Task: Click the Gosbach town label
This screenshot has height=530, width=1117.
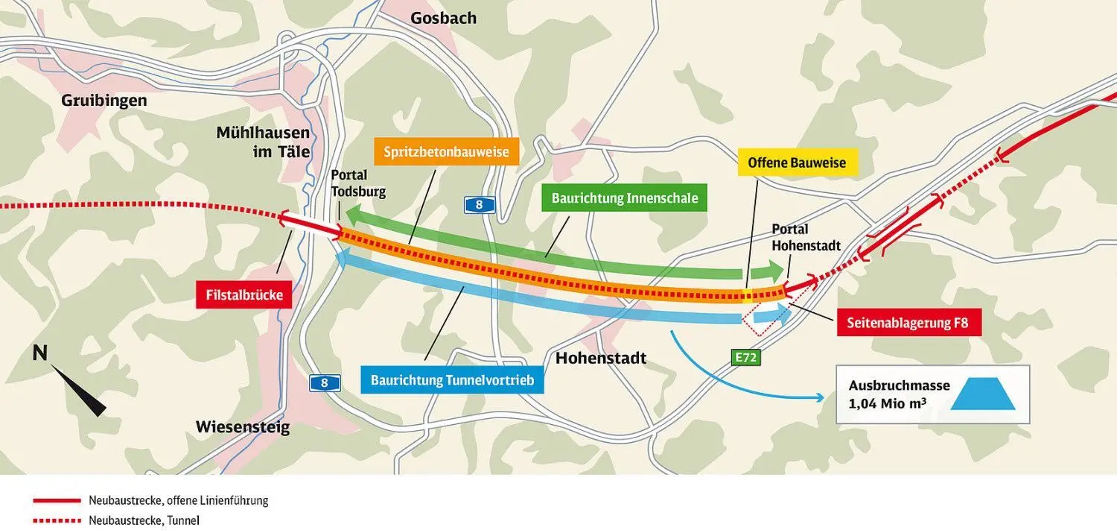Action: tap(443, 18)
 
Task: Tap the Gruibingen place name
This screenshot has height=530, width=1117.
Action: tap(104, 100)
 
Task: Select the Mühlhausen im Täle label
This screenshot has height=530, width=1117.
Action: tap(263, 142)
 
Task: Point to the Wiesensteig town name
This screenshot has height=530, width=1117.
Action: tap(243, 427)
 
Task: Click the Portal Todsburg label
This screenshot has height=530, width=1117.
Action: tap(359, 183)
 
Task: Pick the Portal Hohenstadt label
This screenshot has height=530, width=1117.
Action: tap(806, 237)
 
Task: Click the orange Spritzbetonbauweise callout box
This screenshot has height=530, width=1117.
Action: tap(446, 152)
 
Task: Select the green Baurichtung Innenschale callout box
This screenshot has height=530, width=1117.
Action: tap(624, 199)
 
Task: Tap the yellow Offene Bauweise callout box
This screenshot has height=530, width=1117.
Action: tap(797, 163)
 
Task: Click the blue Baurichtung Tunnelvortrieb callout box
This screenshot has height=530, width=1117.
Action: tap(452, 380)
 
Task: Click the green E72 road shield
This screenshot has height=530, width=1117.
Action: tap(745, 358)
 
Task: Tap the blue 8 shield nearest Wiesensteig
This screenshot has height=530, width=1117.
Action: tap(325, 383)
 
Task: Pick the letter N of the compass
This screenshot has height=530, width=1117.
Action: tap(40, 353)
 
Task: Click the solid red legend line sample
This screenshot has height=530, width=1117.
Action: tap(56, 501)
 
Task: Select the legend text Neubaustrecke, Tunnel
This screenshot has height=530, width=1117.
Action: tap(144, 521)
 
